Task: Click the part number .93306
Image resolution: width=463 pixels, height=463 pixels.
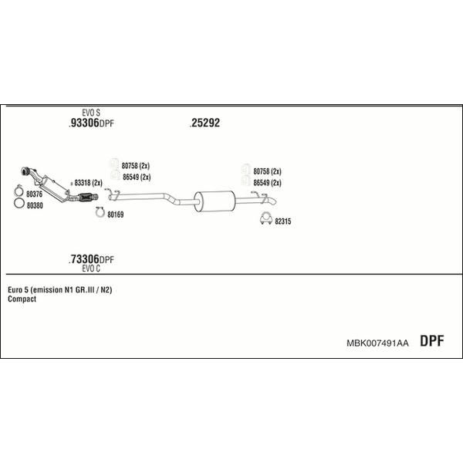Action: tap(84, 123)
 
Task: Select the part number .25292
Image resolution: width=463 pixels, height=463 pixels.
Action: tap(205, 123)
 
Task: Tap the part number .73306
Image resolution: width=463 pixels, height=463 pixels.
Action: tap(84, 259)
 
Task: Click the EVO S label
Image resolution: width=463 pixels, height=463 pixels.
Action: tap(91, 113)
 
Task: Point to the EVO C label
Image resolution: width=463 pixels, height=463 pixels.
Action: tap(91, 269)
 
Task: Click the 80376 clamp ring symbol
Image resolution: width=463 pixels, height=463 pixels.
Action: tap(19, 191)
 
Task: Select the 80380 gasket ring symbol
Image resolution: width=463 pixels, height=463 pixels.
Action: tap(19, 203)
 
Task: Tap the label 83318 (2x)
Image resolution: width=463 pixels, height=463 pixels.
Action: tap(88, 183)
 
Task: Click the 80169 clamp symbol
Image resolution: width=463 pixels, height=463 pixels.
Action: tap(100, 212)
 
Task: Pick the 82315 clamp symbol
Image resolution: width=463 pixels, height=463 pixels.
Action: tap(265, 218)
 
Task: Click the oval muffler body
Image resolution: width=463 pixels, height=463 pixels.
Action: tap(215, 201)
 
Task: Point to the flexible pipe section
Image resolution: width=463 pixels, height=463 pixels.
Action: tap(87, 197)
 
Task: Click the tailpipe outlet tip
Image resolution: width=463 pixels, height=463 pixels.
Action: tap(275, 201)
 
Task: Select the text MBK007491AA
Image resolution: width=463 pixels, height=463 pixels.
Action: tap(377, 343)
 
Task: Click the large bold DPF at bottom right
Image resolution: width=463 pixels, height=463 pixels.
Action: tap(431, 341)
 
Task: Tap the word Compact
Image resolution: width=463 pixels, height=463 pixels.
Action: tap(22, 299)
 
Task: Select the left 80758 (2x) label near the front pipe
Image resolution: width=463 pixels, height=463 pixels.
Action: tap(136, 166)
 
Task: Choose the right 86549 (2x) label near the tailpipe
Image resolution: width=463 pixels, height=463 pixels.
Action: tap(267, 183)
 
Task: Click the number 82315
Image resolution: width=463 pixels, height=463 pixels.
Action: tap(283, 221)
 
